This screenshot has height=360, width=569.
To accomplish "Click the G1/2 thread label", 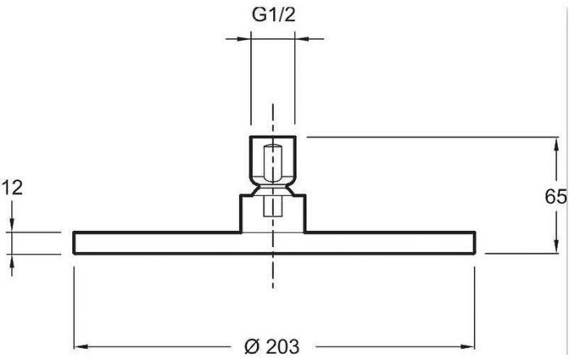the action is point(274,15).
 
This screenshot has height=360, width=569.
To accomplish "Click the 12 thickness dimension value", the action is point(12,188).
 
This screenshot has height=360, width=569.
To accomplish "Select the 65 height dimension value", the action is point(555,197).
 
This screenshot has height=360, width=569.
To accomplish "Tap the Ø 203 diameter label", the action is point(272,346).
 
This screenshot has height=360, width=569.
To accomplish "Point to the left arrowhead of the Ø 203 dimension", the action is point(81,346).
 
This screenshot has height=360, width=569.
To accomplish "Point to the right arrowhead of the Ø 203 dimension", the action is point(467,346).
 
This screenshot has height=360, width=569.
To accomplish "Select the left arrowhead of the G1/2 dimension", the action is point(244,38).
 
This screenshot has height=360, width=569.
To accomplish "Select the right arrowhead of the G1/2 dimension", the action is point(302,38).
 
